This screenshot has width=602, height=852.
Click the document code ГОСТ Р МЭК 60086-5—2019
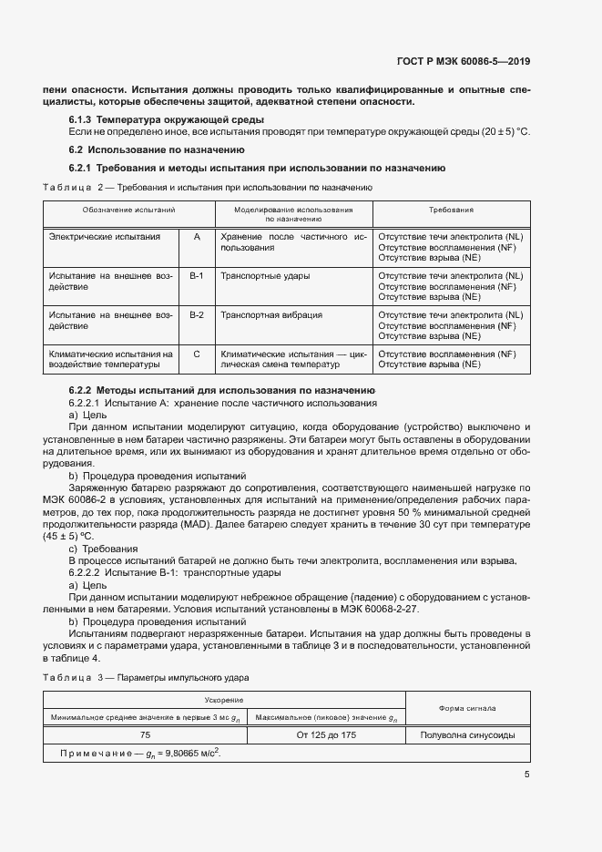(x=464, y=62)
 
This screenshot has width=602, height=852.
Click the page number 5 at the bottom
(x=527, y=775)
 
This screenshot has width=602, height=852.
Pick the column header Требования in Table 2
(x=451, y=210)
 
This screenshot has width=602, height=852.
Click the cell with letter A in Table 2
(x=197, y=236)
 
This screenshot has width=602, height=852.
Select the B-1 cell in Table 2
(x=197, y=275)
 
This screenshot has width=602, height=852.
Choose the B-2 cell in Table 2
(x=197, y=314)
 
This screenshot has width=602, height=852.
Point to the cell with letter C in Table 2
(x=197, y=354)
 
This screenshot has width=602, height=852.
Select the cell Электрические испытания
(x=104, y=236)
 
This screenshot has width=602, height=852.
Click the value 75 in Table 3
(x=146, y=734)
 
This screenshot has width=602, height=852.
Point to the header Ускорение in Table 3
(x=224, y=700)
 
